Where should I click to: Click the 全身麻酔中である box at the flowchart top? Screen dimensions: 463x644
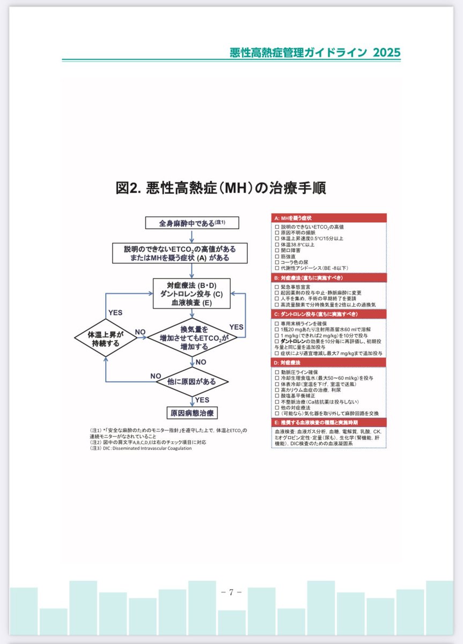point(192,223)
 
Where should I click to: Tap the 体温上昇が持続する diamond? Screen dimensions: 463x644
point(106,338)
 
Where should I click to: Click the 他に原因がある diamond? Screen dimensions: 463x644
point(192,382)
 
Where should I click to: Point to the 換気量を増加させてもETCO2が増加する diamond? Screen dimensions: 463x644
point(192,338)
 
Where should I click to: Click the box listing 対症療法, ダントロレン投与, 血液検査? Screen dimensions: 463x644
point(192,294)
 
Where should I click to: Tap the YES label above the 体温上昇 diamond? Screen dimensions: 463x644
point(115,312)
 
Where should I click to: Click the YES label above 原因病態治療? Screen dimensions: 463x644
point(202,400)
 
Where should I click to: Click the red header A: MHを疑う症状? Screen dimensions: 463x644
point(328,218)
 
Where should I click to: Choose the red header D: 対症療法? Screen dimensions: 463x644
point(328,363)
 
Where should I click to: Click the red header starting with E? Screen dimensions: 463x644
point(328,422)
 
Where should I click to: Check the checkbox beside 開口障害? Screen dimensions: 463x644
point(276,250)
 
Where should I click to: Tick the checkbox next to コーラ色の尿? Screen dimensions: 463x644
point(276,262)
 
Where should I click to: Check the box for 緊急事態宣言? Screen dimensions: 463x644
point(276,287)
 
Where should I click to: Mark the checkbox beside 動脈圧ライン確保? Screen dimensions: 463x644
point(276,371)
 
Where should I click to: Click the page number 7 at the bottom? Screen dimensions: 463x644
point(231,592)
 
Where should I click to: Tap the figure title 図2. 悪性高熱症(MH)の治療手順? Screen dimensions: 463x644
point(221,188)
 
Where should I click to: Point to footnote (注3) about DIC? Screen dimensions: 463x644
point(141,448)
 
